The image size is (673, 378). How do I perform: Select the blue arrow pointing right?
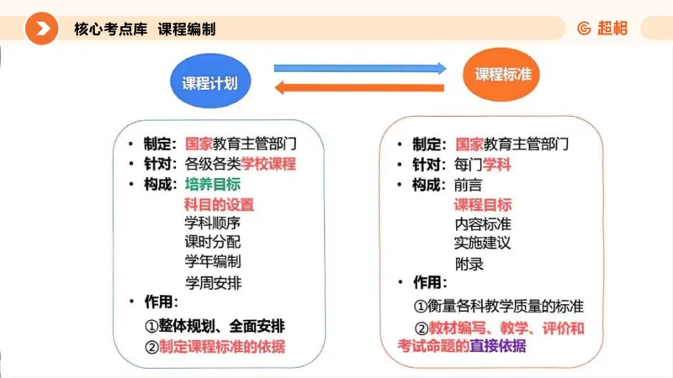tap(359, 67)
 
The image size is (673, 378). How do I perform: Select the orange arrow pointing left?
tap(358, 86)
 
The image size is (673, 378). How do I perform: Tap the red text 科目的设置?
tap(219, 204)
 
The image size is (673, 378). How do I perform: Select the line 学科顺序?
tap(212, 223)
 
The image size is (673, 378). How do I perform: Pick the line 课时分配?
tap(212, 243)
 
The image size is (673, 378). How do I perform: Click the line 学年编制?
tap(212, 262)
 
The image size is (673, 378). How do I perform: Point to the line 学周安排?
tap(212, 282)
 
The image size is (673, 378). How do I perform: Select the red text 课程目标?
tap(483, 205)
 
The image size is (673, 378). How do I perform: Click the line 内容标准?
tap(483, 224)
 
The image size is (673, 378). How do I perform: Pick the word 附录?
tap(469, 264)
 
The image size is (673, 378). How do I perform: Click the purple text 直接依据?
tap(497, 346)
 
